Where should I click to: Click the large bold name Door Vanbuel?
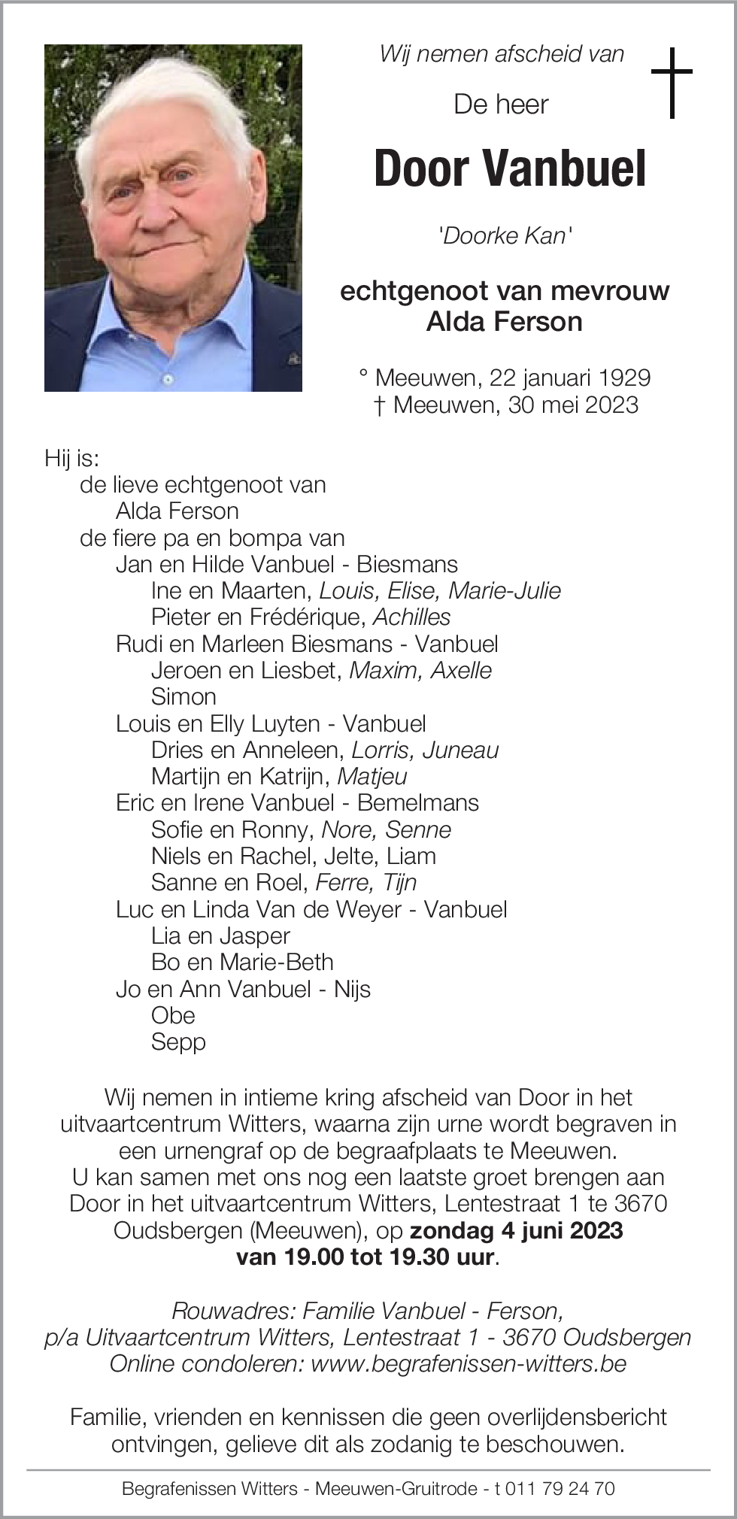(x=509, y=168)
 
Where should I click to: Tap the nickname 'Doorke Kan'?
(x=505, y=236)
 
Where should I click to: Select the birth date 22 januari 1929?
(x=570, y=377)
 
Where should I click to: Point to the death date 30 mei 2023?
(x=573, y=405)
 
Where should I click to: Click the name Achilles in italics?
(x=412, y=617)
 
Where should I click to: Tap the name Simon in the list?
(x=183, y=697)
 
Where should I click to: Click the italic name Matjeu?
(x=372, y=777)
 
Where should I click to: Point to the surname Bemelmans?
(x=417, y=803)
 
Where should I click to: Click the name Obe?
(x=173, y=1016)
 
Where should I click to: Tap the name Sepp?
(x=178, y=1042)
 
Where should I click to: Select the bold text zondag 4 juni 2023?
(x=516, y=1230)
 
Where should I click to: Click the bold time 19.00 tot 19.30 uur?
(x=365, y=1257)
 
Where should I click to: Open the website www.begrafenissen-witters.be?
(x=469, y=1363)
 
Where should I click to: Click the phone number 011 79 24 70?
(x=560, y=1488)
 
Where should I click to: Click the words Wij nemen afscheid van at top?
(x=502, y=54)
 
